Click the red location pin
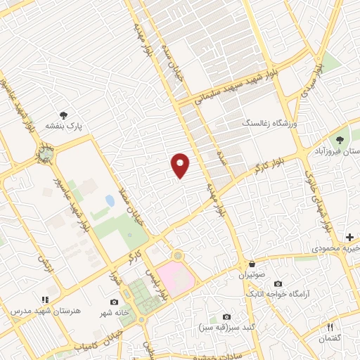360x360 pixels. pyautogui.click(x=181, y=165)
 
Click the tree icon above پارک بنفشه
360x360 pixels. pyautogui.click(x=64, y=115)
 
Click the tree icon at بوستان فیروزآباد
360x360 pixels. pyautogui.click(x=340, y=140)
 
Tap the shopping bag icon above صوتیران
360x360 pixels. pyautogui.click(x=251, y=264)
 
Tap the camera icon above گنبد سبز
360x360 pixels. pyautogui.click(x=226, y=317)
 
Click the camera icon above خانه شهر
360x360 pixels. pyautogui.click(x=114, y=302)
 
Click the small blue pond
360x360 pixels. pyautogui.click(x=110, y=201)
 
